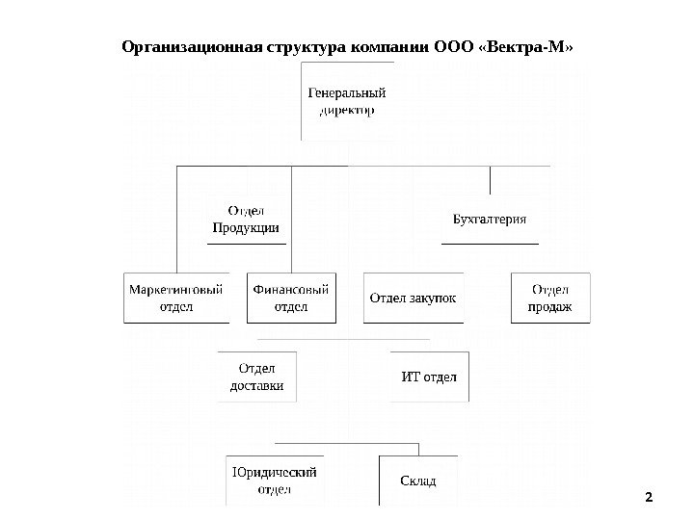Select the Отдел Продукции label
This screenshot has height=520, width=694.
click(x=246, y=220)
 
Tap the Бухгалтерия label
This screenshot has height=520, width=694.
click(x=490, y=219)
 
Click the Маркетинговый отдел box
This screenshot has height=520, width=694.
click(x=175, y=298)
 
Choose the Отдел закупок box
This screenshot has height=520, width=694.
click(x=413, y=298)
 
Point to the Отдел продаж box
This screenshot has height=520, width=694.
click(x=549, y=298)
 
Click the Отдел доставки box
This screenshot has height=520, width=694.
click(x=257, y=377)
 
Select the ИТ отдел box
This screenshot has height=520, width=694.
click(x=429, y=376)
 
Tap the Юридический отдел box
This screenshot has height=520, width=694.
click(x=274, y=480)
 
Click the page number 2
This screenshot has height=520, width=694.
click(x=648, y=498)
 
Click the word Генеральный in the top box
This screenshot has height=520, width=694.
click(x=347, y=93)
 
